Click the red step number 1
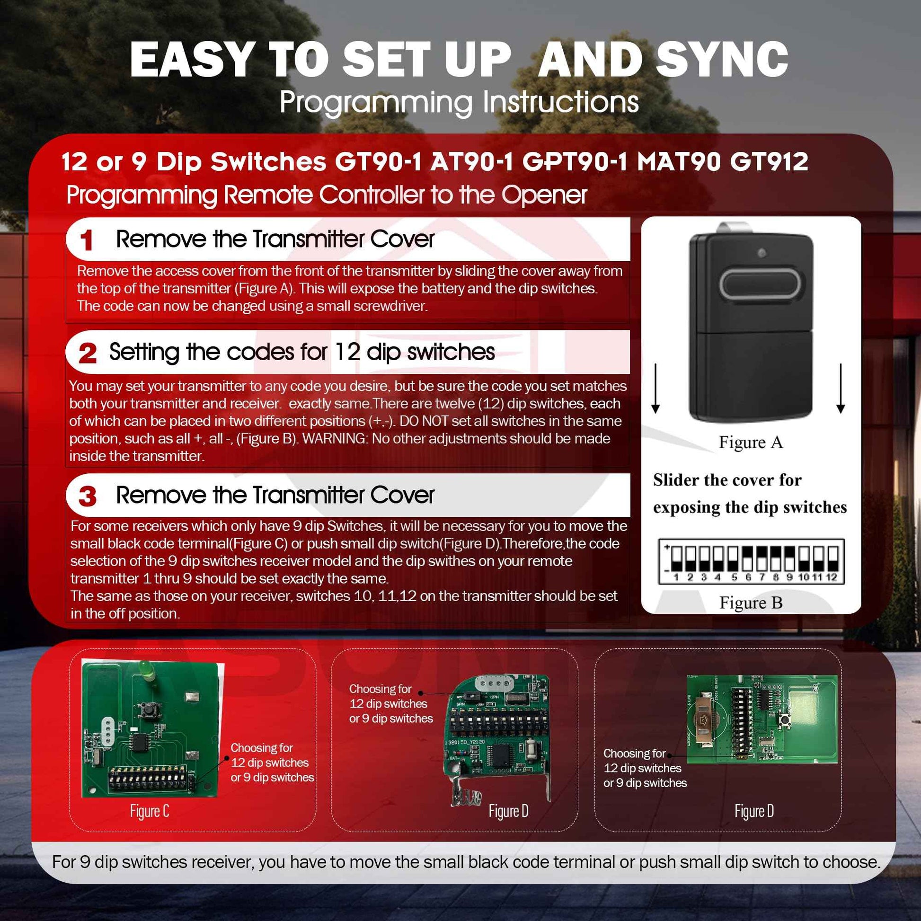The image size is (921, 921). pyautogui.click(x=86, y=240)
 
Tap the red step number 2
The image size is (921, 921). pyautogui.click(x=88, y=353)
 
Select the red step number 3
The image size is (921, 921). pyautogui.click(x=87, y=496)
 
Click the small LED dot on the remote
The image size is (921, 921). pyautogui.click(x=762, y=253)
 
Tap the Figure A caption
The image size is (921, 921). pyautogui.click(x=751, y=442)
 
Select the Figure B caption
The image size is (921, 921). pyautogui.click(x=751, y=602)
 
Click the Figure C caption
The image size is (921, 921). pyautogui.click(x=149, y=811)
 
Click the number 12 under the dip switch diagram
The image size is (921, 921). pyautogui.click(x=832, y=577)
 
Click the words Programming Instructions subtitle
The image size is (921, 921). pyautogui.click(x=459, y=102)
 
